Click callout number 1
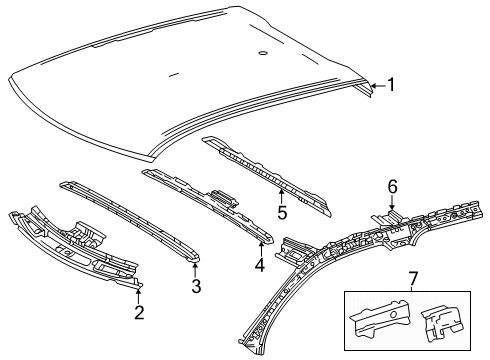click(392, 85)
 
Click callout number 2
click(139, 313)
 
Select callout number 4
click(259, 267)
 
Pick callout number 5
click(283, 211)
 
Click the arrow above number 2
click(139, 290)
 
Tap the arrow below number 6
click(392, 203)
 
